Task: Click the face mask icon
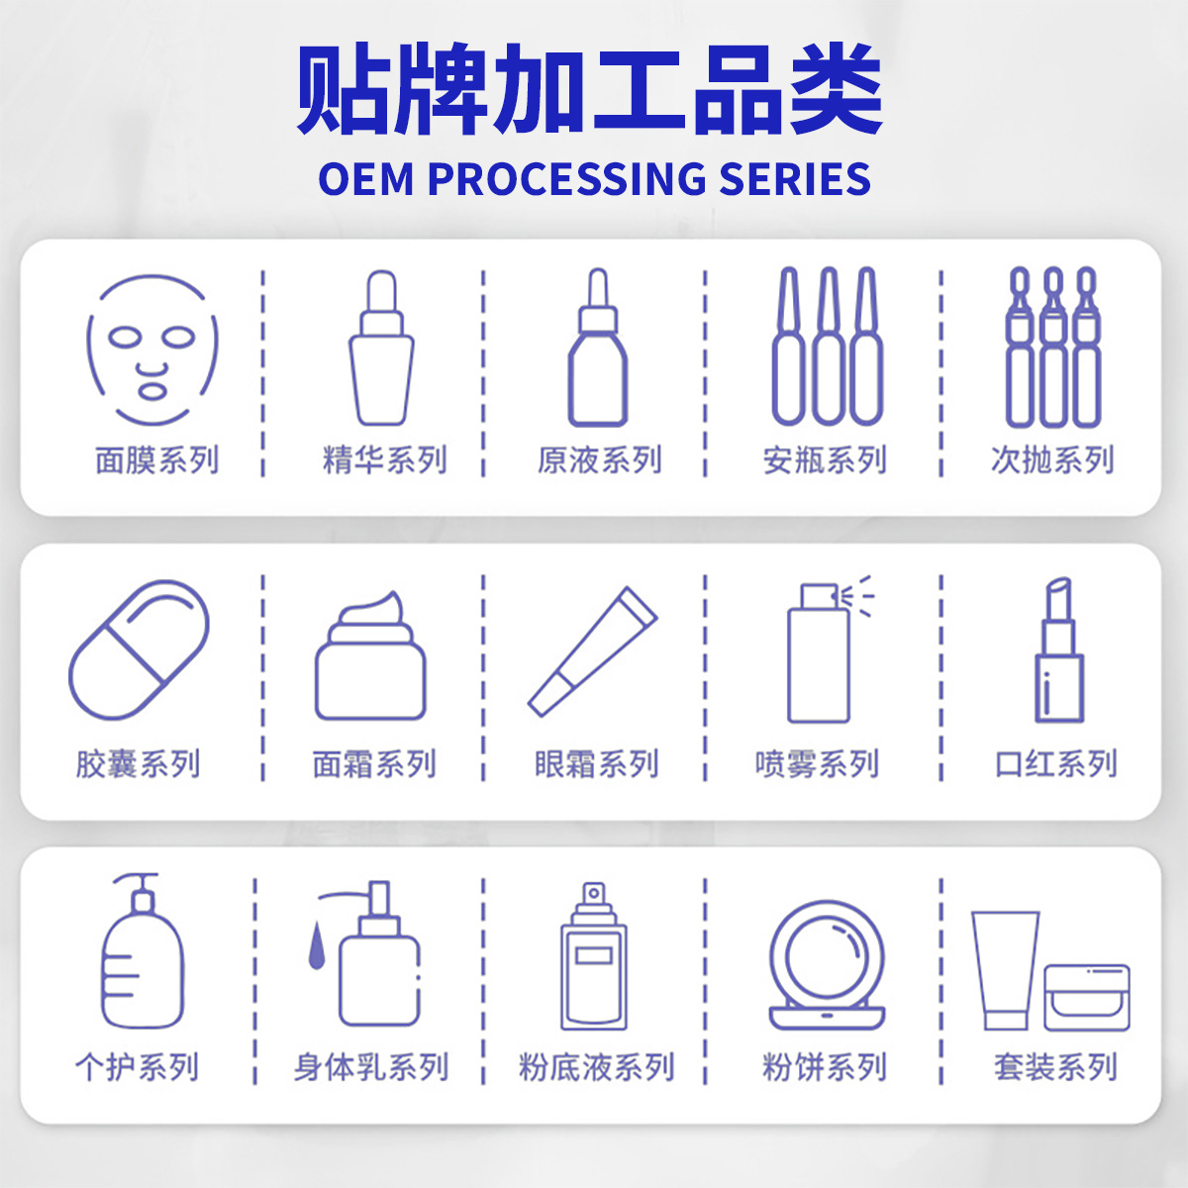[152, 350]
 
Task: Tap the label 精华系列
[385, 460]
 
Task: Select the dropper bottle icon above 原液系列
[597, 347]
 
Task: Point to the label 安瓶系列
[825, 460]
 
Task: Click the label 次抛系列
[1052, 460]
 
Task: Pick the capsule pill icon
[139, 649]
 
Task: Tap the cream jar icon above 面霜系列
[370, 655]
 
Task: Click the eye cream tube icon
[592, 651]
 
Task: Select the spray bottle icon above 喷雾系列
[831, 649]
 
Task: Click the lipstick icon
[1059, 649]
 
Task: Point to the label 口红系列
[1056, 764]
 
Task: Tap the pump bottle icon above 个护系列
[142, 950]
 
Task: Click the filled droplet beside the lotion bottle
[317, 945]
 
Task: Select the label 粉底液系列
[597, 1068]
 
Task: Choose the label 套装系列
[1055, 1068]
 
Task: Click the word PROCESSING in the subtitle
[566, 179]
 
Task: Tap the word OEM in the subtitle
[365, 179]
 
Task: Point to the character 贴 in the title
[344, 89]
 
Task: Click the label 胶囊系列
[138, 764]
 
